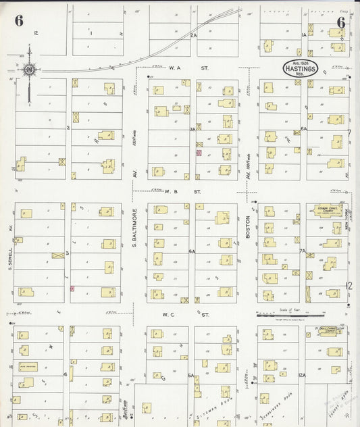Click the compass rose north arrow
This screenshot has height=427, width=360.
coord(30,69)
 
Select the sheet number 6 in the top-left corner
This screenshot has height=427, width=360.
coord(18,21)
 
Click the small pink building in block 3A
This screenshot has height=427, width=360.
coord(199,153)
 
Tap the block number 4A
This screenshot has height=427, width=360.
coord(192,251)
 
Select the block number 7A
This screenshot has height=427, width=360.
coord(303,251)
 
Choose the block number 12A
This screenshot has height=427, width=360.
coord(303,375)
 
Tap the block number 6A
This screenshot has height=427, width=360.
coord(303,128)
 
